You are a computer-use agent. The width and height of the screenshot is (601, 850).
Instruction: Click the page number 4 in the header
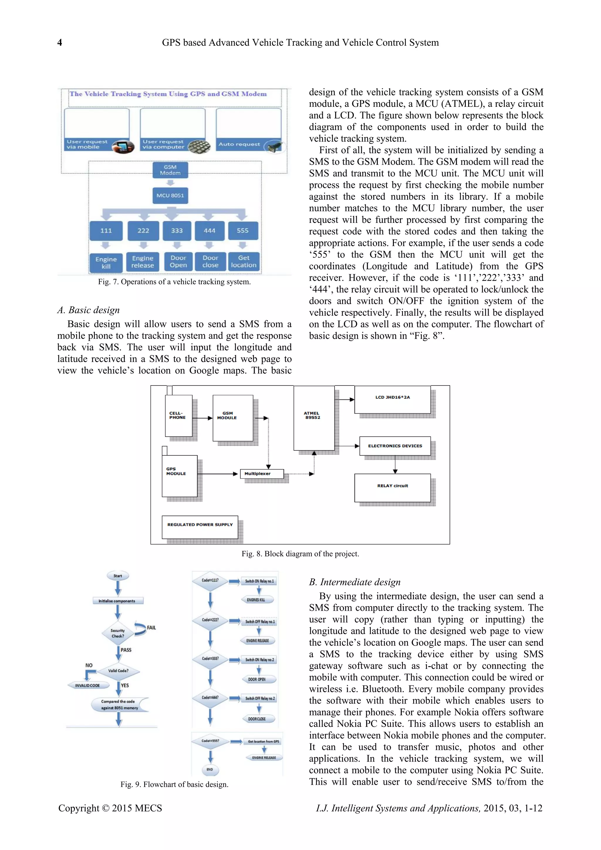click(60, 43)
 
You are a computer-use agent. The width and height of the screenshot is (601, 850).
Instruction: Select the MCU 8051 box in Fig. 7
click(170, 196)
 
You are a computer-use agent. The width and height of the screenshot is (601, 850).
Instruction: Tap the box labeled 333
click(177, 231)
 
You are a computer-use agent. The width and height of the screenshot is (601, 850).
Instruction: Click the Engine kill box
click(106, 262)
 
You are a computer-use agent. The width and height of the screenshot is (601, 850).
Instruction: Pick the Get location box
click(244, 261)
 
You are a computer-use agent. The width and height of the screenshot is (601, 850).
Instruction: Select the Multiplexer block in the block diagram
click(262, 474)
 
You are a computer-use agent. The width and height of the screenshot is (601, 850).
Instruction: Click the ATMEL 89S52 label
click(312, 415)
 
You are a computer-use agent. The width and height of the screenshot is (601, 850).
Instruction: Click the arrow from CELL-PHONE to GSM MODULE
click(202, 418)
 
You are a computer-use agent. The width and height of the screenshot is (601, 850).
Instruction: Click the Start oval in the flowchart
click(118, 576)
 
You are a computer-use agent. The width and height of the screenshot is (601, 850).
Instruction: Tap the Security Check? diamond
click(118, 633)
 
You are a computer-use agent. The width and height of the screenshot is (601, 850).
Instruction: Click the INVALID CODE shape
click(88, 685)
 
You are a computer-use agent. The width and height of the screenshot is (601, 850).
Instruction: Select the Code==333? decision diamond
click(210, 659)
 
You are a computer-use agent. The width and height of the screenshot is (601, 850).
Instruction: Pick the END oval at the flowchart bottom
click(210, 769)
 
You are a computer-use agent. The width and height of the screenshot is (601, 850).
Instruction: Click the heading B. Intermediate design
click(354, 582)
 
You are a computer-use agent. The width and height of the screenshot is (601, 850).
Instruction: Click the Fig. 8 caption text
click(300, 554)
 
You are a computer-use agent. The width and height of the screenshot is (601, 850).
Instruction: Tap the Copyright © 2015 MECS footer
click(110, 808)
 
